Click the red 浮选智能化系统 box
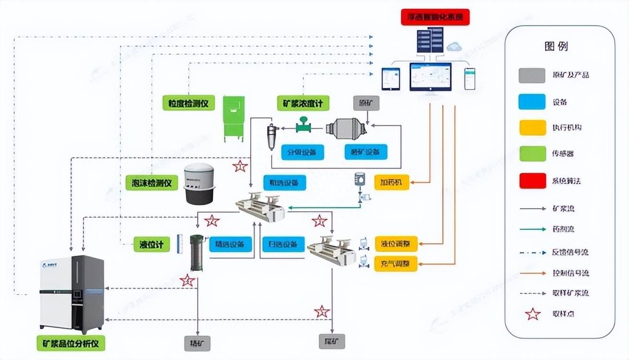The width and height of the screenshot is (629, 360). [x=435, y=17]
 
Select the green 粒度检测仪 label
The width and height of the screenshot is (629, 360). [x=189, y=103]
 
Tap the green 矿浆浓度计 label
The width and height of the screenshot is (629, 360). [x=303, y=103]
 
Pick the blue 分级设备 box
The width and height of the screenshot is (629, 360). [x=302, y=152]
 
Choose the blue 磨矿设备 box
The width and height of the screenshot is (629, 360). [x=365, y=152]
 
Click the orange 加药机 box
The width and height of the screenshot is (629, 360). [x=392, y=182]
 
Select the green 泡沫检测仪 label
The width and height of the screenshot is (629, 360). [x=152, y=182]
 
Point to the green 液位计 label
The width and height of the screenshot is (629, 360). [x=152, y=245]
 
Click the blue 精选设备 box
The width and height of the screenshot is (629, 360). [x=231, y=244]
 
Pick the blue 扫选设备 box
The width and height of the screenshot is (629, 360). [x=283, y=244]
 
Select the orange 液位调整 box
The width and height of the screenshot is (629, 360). [x=396, y=244]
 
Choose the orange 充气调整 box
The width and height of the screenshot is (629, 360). [x=396, y=263]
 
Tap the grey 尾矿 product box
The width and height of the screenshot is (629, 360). [x=332, y=341]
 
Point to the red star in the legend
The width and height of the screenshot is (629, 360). [x=532, y=314]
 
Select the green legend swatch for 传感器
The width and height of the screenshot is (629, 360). [x=532, y=154]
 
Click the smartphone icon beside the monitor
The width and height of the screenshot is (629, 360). [x=470, y=79]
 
